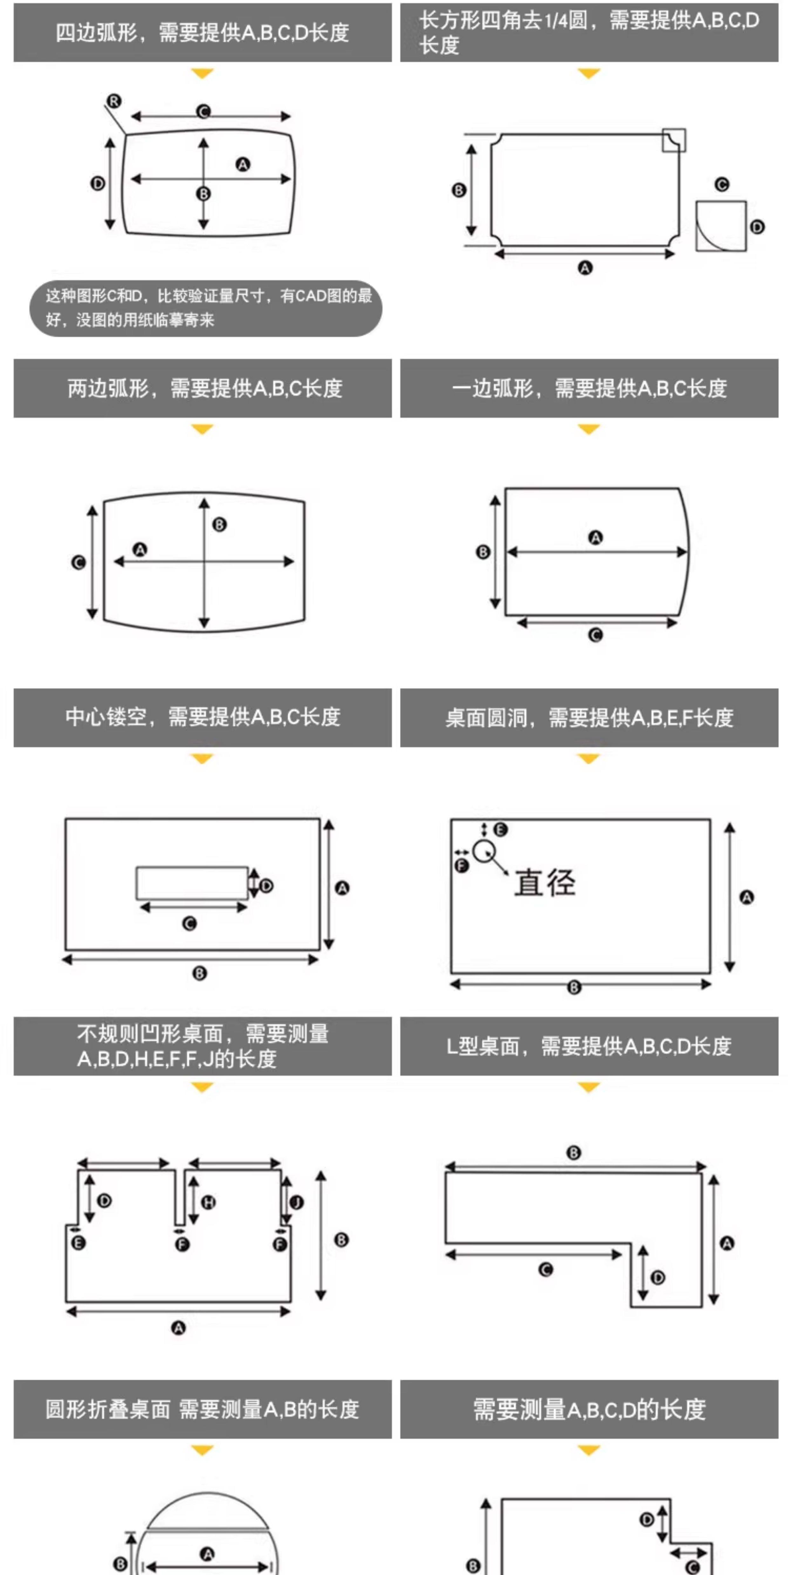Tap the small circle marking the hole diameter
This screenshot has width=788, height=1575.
[484, 850]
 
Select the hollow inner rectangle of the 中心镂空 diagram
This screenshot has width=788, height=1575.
[192, 882]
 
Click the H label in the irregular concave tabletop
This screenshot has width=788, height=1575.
[209, 1202]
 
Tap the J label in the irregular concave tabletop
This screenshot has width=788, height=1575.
[297, 1202]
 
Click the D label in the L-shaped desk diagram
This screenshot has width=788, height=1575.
[658, 1277]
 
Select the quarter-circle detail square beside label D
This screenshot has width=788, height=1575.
[721, 225]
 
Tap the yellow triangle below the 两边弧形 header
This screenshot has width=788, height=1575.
[202, 429]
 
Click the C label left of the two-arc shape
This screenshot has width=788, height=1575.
[78, 562]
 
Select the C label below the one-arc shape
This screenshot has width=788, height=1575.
[595, 635]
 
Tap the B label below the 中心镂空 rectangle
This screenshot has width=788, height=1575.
[200, 973]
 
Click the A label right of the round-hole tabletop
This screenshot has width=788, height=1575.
[746, 897]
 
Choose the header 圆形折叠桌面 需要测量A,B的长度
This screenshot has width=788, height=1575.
[202, 1409]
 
